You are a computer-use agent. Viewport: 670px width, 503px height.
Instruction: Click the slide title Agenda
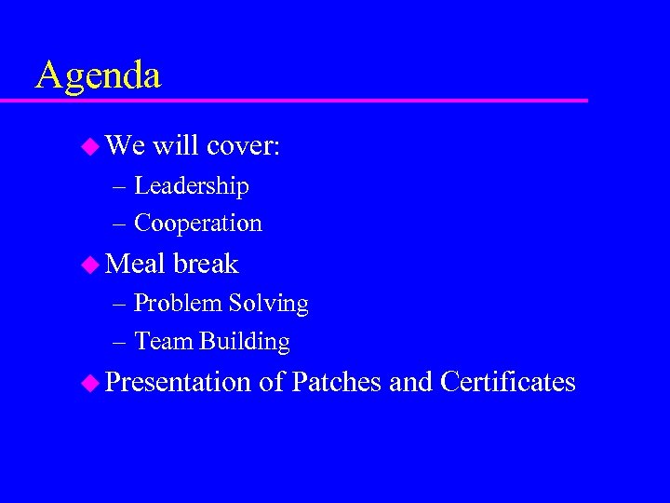(x=98, y=75)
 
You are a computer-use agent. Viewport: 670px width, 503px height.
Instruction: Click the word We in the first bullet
(x=126, y=145)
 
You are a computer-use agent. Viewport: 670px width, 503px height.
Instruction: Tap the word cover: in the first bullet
(x=244, y=145)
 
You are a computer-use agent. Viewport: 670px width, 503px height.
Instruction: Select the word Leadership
(x=192, y=186)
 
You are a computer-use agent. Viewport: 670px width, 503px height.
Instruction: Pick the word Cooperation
(x=198, y=224)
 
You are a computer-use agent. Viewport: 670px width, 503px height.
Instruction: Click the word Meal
(x=135, y=264)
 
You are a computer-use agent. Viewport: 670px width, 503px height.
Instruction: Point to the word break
(x=206, y=264)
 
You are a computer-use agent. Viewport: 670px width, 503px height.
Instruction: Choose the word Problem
(x=178, y=304)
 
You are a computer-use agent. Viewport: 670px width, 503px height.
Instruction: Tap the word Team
(x=164, y=342)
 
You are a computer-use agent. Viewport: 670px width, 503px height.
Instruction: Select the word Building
(x=245, y=342)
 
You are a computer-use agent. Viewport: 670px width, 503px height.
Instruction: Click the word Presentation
(x=179, y=382)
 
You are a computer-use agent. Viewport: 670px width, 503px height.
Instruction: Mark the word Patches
(x=336, y=382)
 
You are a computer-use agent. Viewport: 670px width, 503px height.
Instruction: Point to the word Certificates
(x=508, y=382)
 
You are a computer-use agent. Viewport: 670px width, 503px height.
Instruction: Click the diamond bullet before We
(x=91, y=146)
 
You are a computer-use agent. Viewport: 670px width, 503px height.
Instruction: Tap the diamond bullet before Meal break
(x=91, y=265)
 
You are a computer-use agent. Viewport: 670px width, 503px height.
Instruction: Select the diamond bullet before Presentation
(x=91, y=383)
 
